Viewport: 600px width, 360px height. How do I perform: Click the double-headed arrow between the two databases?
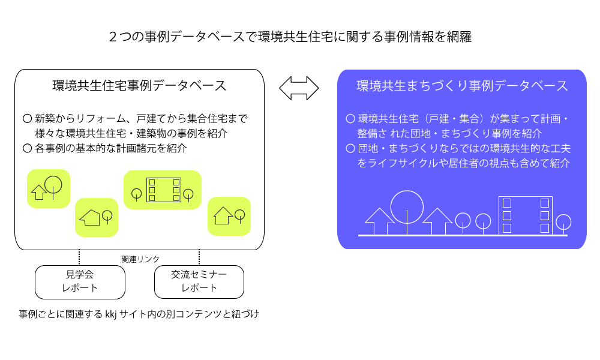[x=299, y=88]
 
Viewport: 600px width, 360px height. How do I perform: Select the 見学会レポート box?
[x=80, y=282]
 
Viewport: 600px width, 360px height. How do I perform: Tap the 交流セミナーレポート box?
[x=199, y=282]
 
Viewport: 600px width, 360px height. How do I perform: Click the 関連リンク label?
[x=140, y=259]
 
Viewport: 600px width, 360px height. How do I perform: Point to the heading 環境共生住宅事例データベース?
[x=139, y=86]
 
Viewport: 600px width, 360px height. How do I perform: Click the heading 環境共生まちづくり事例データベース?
[x=462, y=86]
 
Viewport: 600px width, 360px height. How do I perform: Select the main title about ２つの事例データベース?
[x=290, y=37]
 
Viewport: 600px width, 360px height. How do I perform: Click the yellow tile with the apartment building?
[x=163, y=190]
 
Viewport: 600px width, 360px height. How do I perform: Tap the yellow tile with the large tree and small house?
[x=49, y=188]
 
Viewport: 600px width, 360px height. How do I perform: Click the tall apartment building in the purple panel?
[x=526, y=215]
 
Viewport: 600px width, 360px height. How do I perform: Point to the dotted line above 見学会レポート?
[x=79, y=257]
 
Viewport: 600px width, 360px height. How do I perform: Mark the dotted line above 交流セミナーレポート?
[x=199, y=257]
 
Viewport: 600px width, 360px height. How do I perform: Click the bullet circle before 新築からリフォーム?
[x=27, y=119]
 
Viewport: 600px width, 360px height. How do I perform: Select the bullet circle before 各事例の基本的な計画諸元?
[x=27, y=148]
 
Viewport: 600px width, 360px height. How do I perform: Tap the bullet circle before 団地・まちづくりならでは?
[x=350, y=148]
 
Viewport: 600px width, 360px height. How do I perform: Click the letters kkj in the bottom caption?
[x=110, y=314]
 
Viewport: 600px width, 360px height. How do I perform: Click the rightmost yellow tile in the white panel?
[x=229, y=216]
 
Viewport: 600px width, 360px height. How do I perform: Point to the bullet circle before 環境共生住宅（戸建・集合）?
[x=350, y=119]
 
